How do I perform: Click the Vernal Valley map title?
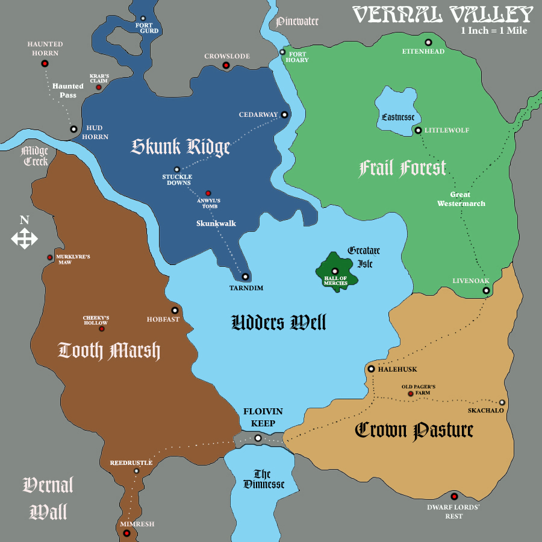(x=443, y=14)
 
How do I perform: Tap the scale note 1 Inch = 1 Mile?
(x=494, y=31)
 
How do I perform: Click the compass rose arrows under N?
(x=24, y=239)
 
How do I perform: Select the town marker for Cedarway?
(x=284, y=114)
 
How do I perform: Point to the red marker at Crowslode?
(x=226, y=65)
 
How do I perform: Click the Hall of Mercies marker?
(x=335, y=271)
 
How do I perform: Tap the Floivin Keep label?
(x=263, y=417)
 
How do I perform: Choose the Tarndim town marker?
(x=245, y=276)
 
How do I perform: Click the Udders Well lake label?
(x=279, y=323)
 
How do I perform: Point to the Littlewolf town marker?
(x=418, y=130)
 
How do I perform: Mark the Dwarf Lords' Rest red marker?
(x=454, y=497)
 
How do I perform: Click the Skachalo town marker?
(x=502, y=402)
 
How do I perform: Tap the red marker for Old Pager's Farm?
(x=411, y=394)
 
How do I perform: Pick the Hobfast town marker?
(x=175, y=310)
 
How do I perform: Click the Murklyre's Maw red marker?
(x=50, y=257)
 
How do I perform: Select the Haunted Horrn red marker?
(x=45, y=63)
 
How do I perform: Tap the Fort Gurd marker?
(x=143, y=19)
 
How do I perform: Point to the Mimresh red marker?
(x=126, y=532)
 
